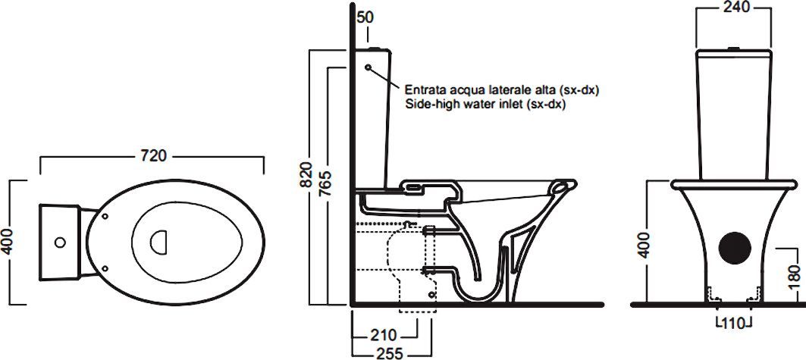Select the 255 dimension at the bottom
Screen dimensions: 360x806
tap(388, 353)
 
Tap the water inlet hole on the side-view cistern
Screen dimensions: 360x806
tap(369, 68)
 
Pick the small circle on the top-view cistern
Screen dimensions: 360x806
tap(59, 243)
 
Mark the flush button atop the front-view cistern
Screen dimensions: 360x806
tap(732, 50)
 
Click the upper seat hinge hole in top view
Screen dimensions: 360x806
tap(103, 216)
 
